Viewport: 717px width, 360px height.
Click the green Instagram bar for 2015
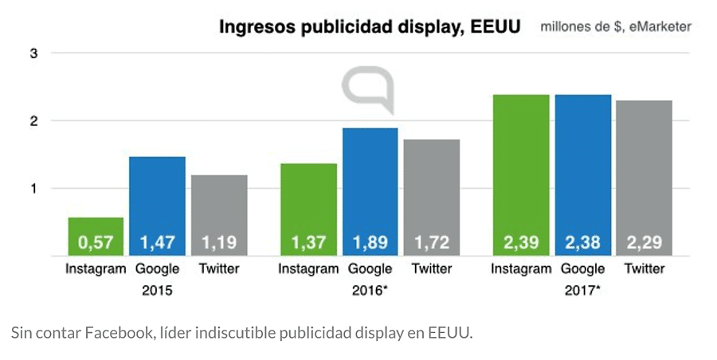pos(96,236)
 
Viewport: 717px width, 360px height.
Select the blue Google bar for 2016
pos(370,191)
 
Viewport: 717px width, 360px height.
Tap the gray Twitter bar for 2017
pos(645,177)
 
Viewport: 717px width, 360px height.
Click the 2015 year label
pos(157,291)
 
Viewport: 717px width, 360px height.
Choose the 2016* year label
pos(370,291)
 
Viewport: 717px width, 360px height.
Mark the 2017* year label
pos(582,291)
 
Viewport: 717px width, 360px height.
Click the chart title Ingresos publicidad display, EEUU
pos(370,27)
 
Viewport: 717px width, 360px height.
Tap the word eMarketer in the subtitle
pos(661,27)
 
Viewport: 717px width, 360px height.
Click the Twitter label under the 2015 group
pos(219,269)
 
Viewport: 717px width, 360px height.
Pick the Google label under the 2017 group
pos(582,269)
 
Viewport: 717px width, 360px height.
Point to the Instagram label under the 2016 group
pos(308,269)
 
